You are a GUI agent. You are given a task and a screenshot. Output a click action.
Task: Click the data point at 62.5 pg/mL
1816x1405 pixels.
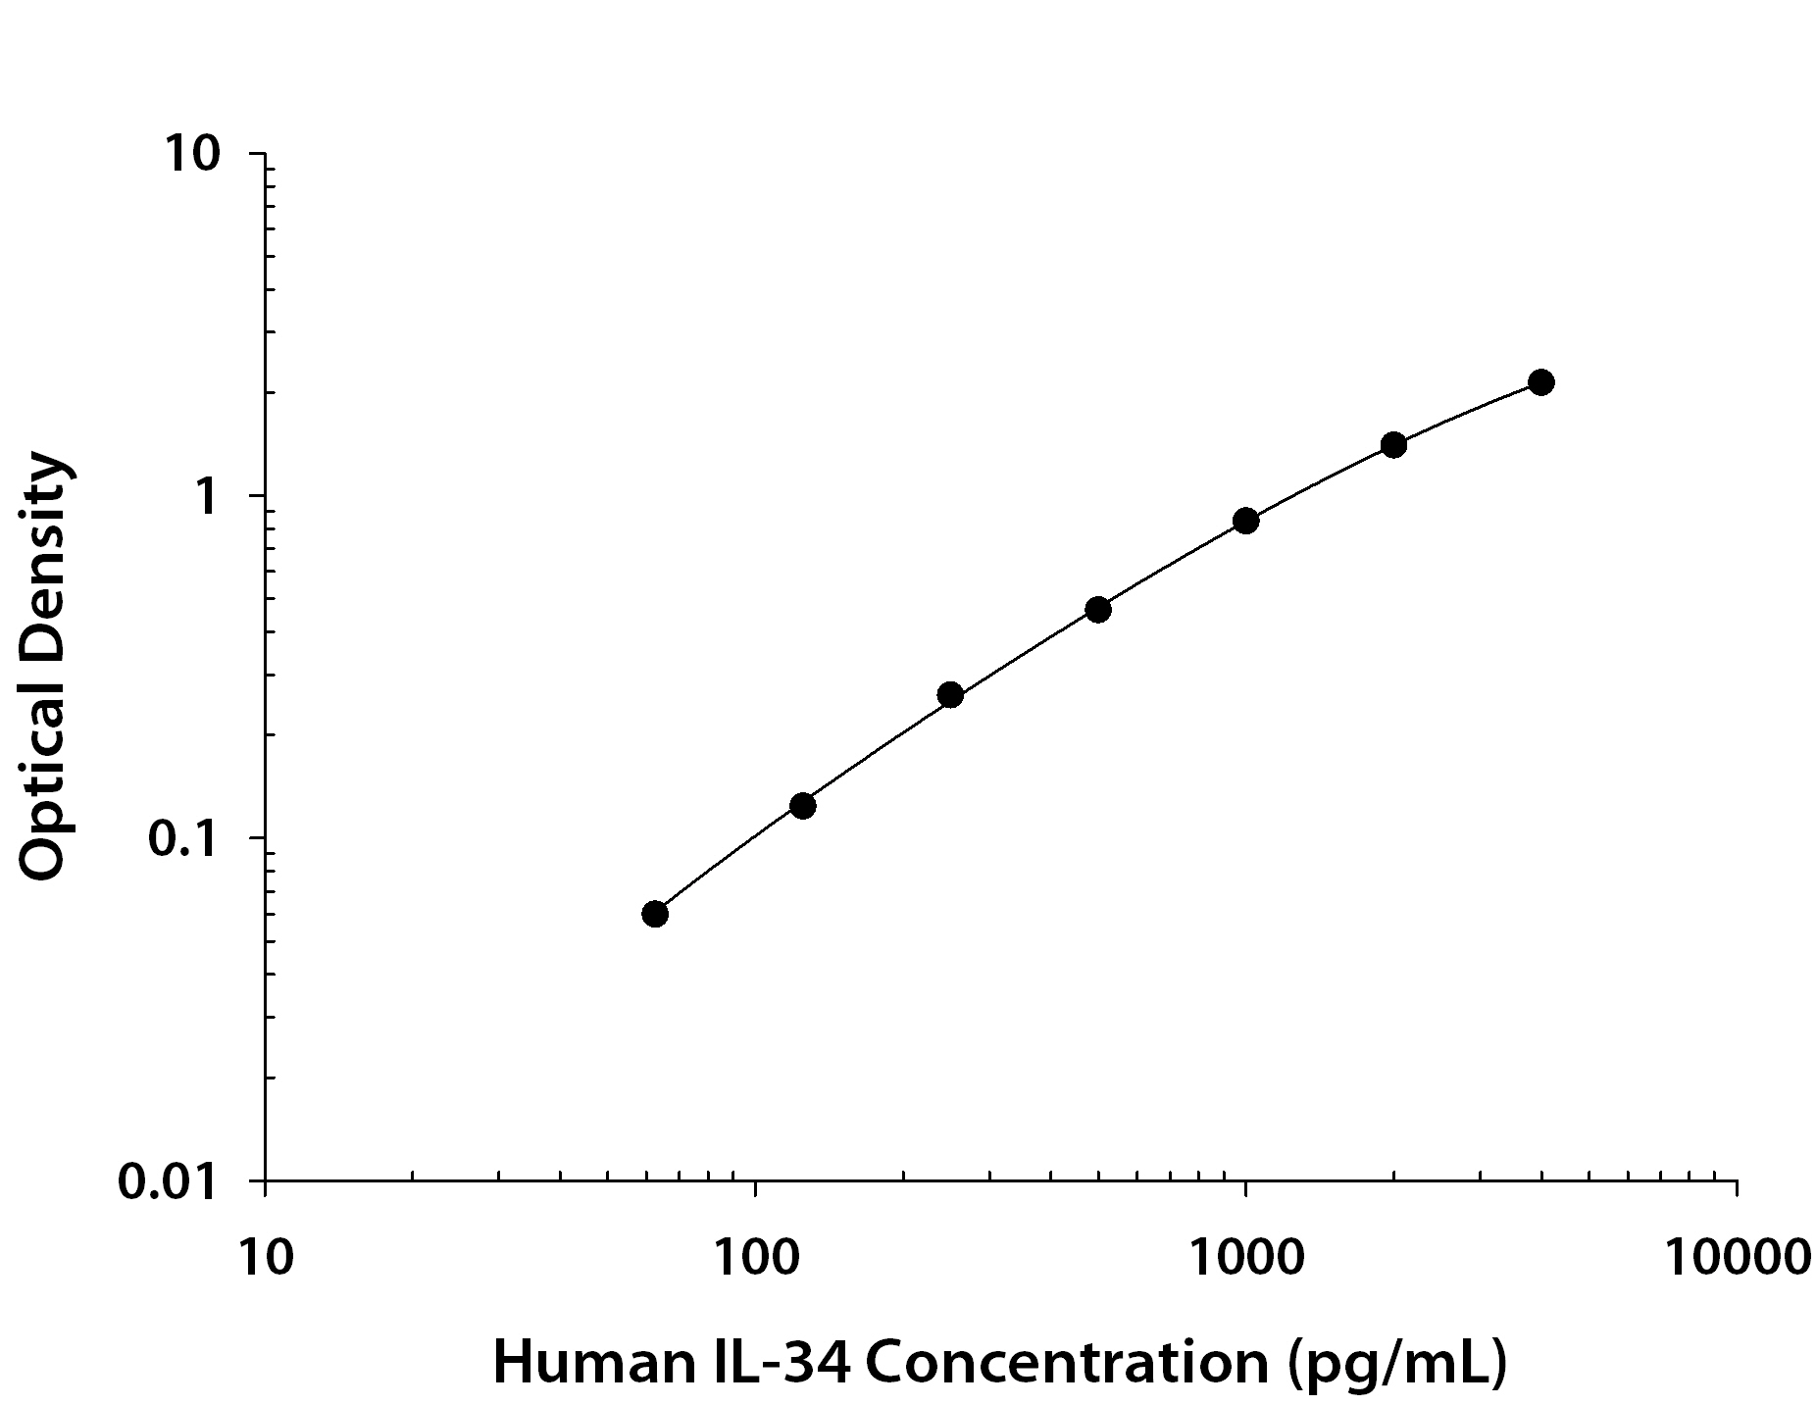(655, 914)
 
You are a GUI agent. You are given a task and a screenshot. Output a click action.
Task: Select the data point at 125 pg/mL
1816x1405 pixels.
(802, 806)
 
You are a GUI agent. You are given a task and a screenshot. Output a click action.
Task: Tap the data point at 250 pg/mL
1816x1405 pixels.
(950, 695)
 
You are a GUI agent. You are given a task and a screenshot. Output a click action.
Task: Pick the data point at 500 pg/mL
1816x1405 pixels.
(1098, 609)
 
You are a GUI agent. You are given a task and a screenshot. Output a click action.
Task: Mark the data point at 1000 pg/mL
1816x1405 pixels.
(1245, 521)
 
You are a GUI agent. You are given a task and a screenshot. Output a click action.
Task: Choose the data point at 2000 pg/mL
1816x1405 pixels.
(1393, 445)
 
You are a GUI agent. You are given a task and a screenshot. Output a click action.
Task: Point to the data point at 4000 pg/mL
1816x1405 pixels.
(1540, 382)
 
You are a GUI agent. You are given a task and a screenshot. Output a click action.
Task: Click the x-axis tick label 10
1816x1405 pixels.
(265, 1256)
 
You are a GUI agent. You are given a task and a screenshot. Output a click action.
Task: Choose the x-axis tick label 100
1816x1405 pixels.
(755, 1256)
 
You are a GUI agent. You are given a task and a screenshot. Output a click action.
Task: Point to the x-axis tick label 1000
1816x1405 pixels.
(1245, 1256)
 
